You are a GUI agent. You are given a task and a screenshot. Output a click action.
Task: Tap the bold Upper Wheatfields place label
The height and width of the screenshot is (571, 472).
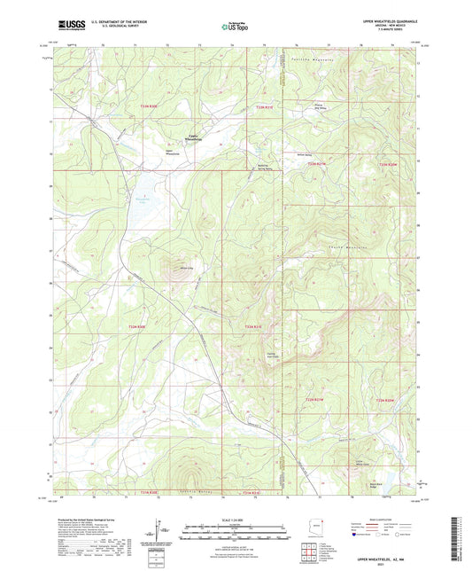pyautogui.click(x=193, y=137)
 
